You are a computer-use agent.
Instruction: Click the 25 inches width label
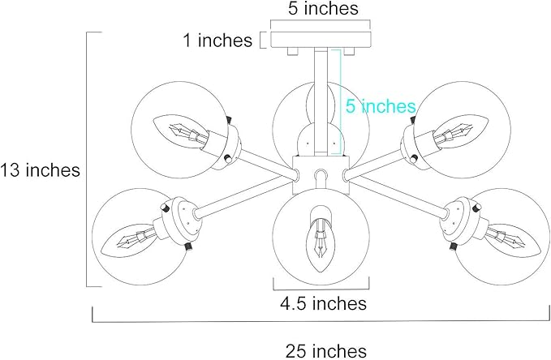pos(325,351)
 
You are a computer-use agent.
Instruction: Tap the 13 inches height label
pos(40,170)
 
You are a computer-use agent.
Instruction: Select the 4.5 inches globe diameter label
pos(323,303)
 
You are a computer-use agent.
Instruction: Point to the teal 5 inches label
pos(381,106)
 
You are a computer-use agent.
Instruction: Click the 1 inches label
pos(217,40)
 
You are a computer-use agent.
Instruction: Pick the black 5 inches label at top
pos(323,8)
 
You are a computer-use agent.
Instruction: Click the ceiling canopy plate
pos(321,40)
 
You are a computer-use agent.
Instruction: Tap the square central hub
pos(321,174)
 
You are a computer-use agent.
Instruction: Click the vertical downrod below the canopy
pos(321,102)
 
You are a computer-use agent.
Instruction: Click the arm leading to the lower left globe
pos(244,195)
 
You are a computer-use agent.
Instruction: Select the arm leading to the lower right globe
pos(398,195)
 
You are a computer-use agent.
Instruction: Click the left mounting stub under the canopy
pos(293,51)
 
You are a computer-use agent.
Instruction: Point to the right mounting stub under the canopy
pos(349,51)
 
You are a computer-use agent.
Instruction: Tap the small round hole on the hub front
pos(321,174)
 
